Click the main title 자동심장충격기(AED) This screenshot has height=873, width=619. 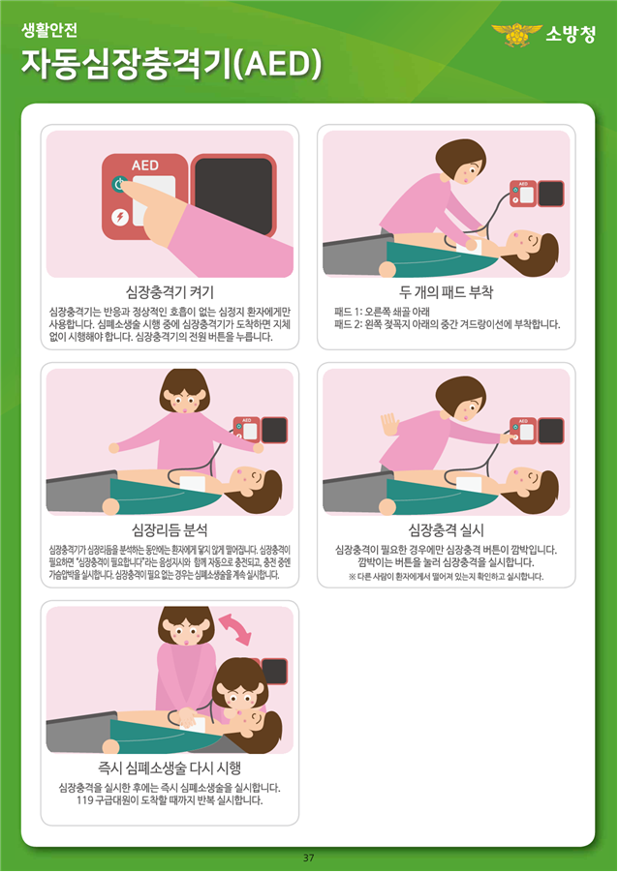click(x=171, y=64)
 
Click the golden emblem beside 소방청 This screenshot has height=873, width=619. click(x=516, y=35)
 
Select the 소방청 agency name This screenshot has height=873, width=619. click(x=571, y=35)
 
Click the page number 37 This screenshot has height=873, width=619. click(x=309, y=858)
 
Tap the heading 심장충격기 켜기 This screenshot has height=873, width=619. click(x=170, y=292)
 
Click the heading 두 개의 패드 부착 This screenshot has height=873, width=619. click(x=447, y=292)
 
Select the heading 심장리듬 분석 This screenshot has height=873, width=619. click(x=170, y=529)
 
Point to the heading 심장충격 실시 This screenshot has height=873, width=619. click(x=447, y=529)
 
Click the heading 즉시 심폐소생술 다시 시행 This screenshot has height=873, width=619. click(x=170, y=768)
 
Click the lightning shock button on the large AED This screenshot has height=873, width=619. click(x=120, y=217)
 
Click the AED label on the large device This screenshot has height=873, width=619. click(x=145, y=166)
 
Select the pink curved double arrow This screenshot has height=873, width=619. click(x=235, y=628)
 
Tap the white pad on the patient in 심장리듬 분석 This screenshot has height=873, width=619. click(x=193, y=483)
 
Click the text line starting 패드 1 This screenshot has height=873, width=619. click(x=382, y=312)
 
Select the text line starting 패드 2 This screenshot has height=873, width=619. click(x=447, y=324)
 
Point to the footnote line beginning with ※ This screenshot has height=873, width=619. click(x=447, y=576)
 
